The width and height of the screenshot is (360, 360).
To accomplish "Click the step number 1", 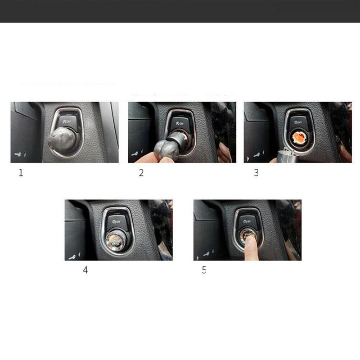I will [20, 173].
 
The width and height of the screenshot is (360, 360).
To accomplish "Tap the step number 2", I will [141, 173].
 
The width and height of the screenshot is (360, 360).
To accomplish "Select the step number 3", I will [256, 173].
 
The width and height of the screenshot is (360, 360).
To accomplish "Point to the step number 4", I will [85, 270].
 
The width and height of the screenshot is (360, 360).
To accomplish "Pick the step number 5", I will [204, 270].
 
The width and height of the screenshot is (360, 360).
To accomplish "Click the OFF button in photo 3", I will [297, 122].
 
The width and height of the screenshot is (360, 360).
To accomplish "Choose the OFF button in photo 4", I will [119, 220].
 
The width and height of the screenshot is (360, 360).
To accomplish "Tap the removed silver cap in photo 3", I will [287, 156].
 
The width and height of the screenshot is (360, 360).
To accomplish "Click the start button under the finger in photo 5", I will [247, 234].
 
